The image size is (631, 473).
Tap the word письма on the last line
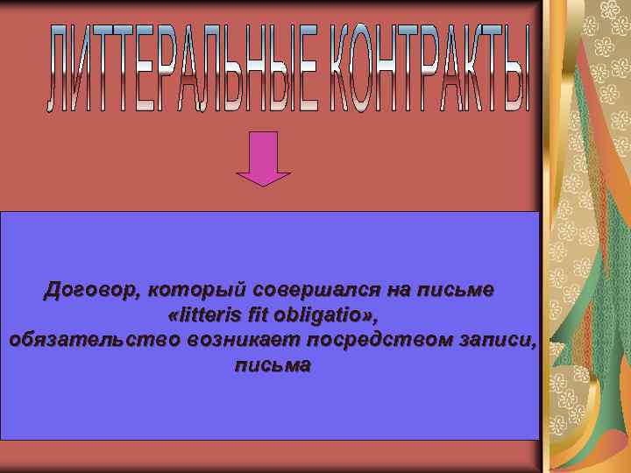click(x=273, y=365)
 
